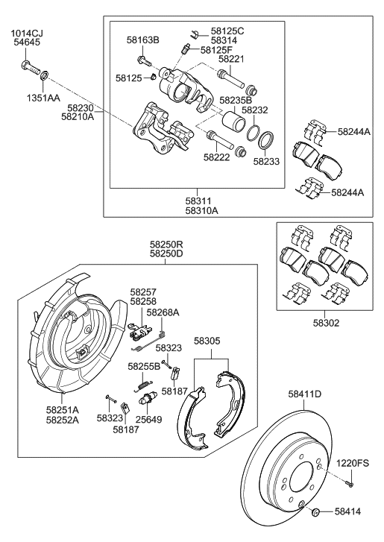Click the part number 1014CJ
pos(26,34)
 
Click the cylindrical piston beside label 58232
pos(228,122)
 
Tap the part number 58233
pos(267,160)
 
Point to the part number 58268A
pos(163,313)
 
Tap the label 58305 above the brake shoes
pos(207,340)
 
